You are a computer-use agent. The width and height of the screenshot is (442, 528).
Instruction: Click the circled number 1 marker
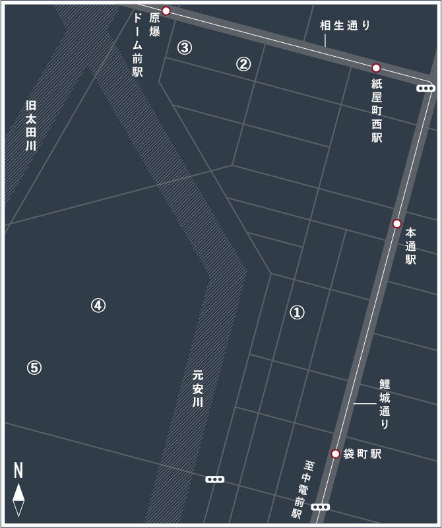pos(297,312)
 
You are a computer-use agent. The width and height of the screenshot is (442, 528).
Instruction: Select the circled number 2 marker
pos(243,64)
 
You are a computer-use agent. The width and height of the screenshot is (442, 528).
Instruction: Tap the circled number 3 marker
pos(185,48)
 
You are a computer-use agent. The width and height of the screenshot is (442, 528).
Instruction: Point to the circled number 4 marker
pos(98,305)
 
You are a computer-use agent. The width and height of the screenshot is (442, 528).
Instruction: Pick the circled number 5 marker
pos(34,368)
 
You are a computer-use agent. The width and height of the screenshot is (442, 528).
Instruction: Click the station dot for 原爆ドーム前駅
pos(166,11)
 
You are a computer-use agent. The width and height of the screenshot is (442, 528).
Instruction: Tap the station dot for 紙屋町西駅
pos(376,68)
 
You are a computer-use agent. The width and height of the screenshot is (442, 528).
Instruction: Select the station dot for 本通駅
pos(396,224)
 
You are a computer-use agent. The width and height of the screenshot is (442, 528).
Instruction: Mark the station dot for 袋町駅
pos(335,454)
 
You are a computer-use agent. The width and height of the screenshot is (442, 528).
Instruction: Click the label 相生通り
pos(346,26)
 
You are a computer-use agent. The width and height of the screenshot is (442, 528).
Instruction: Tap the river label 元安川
pos(198,390)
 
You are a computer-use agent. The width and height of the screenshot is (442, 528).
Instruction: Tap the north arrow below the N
pos(19,500)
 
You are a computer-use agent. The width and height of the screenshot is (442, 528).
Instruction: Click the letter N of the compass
pos(18,471)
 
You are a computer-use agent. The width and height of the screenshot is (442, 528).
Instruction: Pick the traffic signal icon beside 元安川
pos(214,479)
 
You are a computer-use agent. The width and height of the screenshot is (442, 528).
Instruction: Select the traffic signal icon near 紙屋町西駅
pos(426,88)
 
